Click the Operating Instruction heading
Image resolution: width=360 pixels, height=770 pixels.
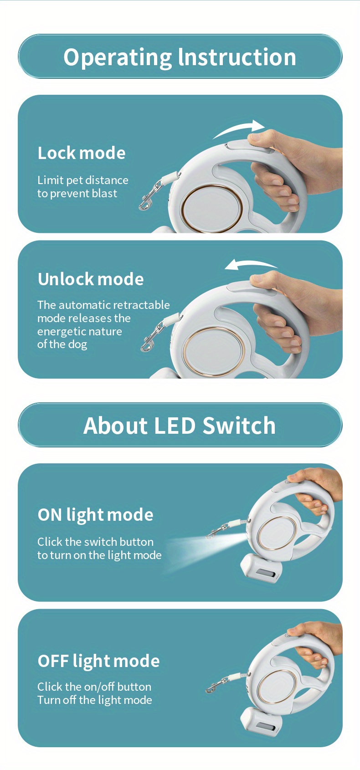click(x=180, y=57)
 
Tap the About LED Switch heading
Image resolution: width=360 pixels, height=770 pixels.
click(x=180, y=426)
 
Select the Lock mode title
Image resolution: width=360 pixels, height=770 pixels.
click(x=82, y=153)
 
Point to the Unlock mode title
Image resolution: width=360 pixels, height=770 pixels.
click(x=91, y=279)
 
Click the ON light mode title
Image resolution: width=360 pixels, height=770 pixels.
click(x=96, y=515)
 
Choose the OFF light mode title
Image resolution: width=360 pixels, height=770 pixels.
click(x=99, y=661)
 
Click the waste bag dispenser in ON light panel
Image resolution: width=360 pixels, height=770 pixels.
click(x=261, y=568)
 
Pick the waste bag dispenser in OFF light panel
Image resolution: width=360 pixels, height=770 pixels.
click(x=261, y=715)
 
